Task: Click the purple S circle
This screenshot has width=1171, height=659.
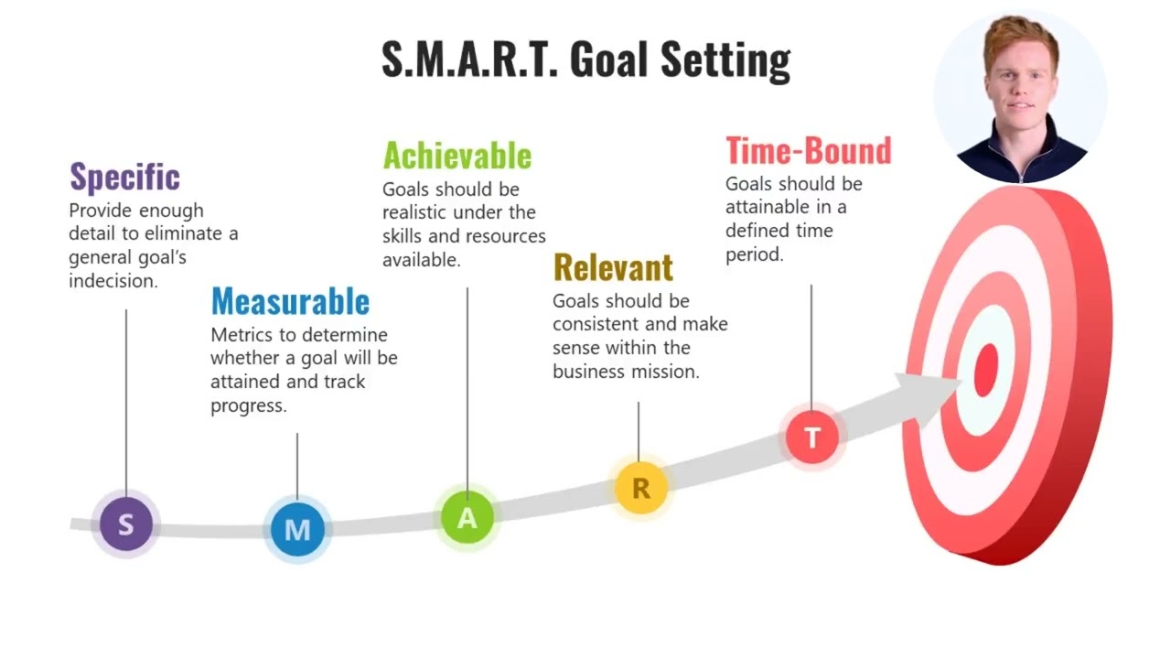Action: click(x=125, y=524)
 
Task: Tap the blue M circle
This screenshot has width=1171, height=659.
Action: click(x=297, y=529)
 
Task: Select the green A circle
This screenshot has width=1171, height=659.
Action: click(x=467, y=518)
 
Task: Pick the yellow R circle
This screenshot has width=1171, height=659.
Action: click(x=640, y=488)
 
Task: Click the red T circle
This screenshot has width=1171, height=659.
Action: click(x=811, y=438)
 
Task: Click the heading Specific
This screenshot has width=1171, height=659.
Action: click(x=124, y=177)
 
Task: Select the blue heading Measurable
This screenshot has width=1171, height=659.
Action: click(x=290, y=301)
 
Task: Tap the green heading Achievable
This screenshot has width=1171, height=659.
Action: click(x=457, y=156)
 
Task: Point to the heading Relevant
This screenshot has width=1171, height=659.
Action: click(x=613, y=267)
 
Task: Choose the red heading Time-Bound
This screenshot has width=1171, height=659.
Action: click(x=808, y=150)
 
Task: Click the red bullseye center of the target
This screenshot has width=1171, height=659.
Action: click(x=986, y=370)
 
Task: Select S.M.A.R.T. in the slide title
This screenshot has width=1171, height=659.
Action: click(x=468, y=59)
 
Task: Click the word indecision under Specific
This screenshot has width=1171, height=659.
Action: click(x=113, y=281)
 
